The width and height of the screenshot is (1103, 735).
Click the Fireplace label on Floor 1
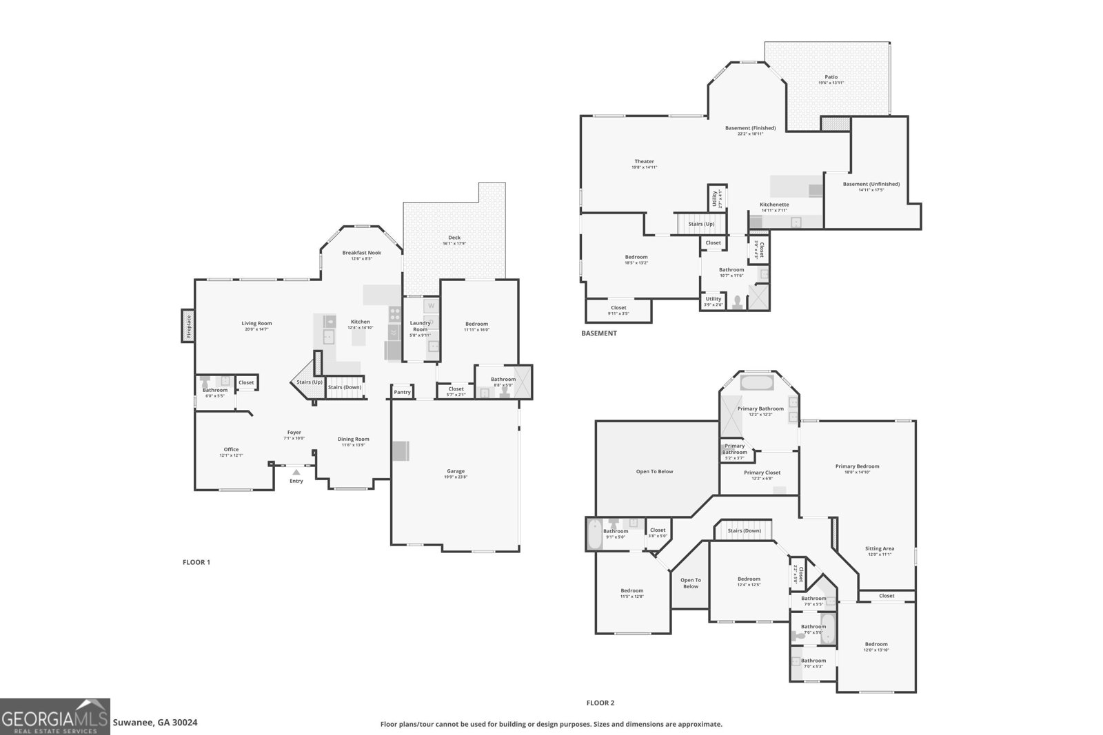pyautogui.click(x=188, y=326)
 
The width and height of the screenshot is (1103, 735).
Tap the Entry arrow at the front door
pyautogui.click(x=296, y=473)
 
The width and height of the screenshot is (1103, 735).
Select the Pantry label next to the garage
pyautogui.click(x=402, y=392)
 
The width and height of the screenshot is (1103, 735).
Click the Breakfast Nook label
pyautogui.click(x=361, y=253)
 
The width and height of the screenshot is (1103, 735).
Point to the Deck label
pyautogui.click(x=454, y=238)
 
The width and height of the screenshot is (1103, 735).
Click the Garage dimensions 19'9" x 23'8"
pyautogui.click(x=456, y=477)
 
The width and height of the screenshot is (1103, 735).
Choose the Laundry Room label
pyautogui.click(x=420, y=326)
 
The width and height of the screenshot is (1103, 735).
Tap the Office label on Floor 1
pyautogui.click(x=231, y=449)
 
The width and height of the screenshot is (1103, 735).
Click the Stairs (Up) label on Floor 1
pyautogui.click(x=309, y=382)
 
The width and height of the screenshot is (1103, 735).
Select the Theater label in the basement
pyautogui.click(x=644, y=161)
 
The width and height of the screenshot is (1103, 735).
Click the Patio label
pyautogui.click(x=831, y=77)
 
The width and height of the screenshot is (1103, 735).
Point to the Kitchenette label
pyautogui.click(x=774, y=205)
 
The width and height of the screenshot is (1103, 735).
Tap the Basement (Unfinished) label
pyautogui.click(x=871, y=184)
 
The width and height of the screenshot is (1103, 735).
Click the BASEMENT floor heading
pyautogui.click(x=598, y=333)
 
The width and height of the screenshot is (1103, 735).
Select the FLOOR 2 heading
pyautogui.click(x=600, y=703)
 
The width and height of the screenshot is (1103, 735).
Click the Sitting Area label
pyautogui.click(x=879, y=548)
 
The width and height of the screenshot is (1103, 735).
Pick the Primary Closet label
pyautogui.click(x=762, y=473)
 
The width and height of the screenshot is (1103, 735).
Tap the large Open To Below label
pyautogui.click(x=654, y=472)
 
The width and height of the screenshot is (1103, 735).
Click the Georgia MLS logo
pyautogui.click(x=54, y=716)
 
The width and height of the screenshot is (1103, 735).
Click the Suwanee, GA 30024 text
pyautogui.click(x=155, y=723)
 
